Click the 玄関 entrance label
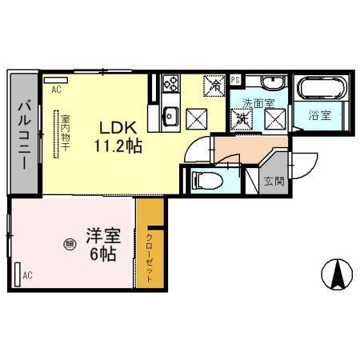[x=273, y=181]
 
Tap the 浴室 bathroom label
[x=325, y=115]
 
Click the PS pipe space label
[x=235, y=80]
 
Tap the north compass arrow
[x=338, y=275]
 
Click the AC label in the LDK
[x=56, y=90]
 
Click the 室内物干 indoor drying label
[x=66, y=133]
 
